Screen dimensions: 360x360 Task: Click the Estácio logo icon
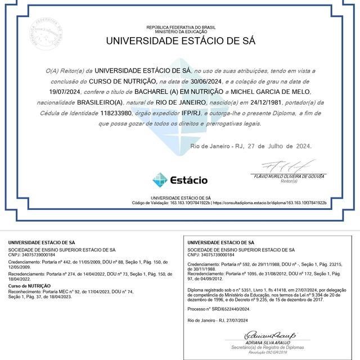[x=160, y=180]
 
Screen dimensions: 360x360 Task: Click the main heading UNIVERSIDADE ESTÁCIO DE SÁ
[x=181, y=41]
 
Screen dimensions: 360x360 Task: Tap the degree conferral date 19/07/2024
[x=65, y=91]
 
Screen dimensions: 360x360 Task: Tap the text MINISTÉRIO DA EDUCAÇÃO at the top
[x=180, y=31]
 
